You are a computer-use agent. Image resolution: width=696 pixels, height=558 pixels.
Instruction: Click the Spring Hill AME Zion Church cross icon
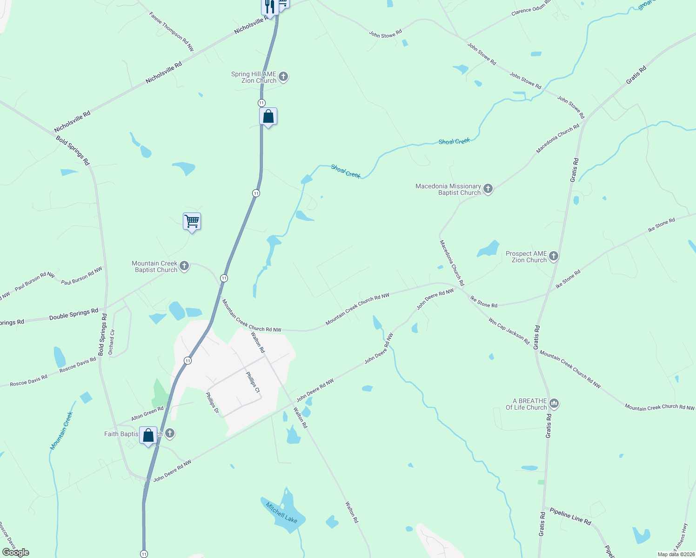283,77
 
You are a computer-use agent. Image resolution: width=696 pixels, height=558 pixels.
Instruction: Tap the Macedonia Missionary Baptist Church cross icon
488,189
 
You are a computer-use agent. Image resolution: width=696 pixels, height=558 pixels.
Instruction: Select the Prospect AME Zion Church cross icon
553,256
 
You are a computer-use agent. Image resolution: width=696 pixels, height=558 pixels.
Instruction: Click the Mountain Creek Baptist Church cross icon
184,266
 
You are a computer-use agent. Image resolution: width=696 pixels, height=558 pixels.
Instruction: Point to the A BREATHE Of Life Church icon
554,404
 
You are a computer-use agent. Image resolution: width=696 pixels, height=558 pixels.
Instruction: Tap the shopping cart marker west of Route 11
192,221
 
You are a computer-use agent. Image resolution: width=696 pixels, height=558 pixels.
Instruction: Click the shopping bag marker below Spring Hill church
268,116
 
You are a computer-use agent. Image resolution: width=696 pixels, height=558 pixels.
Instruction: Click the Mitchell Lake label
281,512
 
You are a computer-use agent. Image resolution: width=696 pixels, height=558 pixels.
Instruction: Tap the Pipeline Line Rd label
570,516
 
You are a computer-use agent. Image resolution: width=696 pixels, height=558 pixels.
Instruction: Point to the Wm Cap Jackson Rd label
509,331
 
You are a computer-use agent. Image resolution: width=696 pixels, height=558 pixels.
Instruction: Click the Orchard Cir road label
111,342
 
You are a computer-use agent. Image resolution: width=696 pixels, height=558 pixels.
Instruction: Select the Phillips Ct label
253,382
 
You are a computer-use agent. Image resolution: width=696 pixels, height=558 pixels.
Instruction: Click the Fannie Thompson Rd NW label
171,31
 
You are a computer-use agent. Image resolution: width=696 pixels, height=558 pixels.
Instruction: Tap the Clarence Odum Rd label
531,8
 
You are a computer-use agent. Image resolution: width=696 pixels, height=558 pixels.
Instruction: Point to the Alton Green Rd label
147,413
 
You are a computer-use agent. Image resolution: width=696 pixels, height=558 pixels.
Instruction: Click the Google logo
16,552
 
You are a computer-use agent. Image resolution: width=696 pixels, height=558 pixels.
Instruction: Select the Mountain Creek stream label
62,431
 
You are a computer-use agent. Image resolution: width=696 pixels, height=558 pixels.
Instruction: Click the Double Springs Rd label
74,314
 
